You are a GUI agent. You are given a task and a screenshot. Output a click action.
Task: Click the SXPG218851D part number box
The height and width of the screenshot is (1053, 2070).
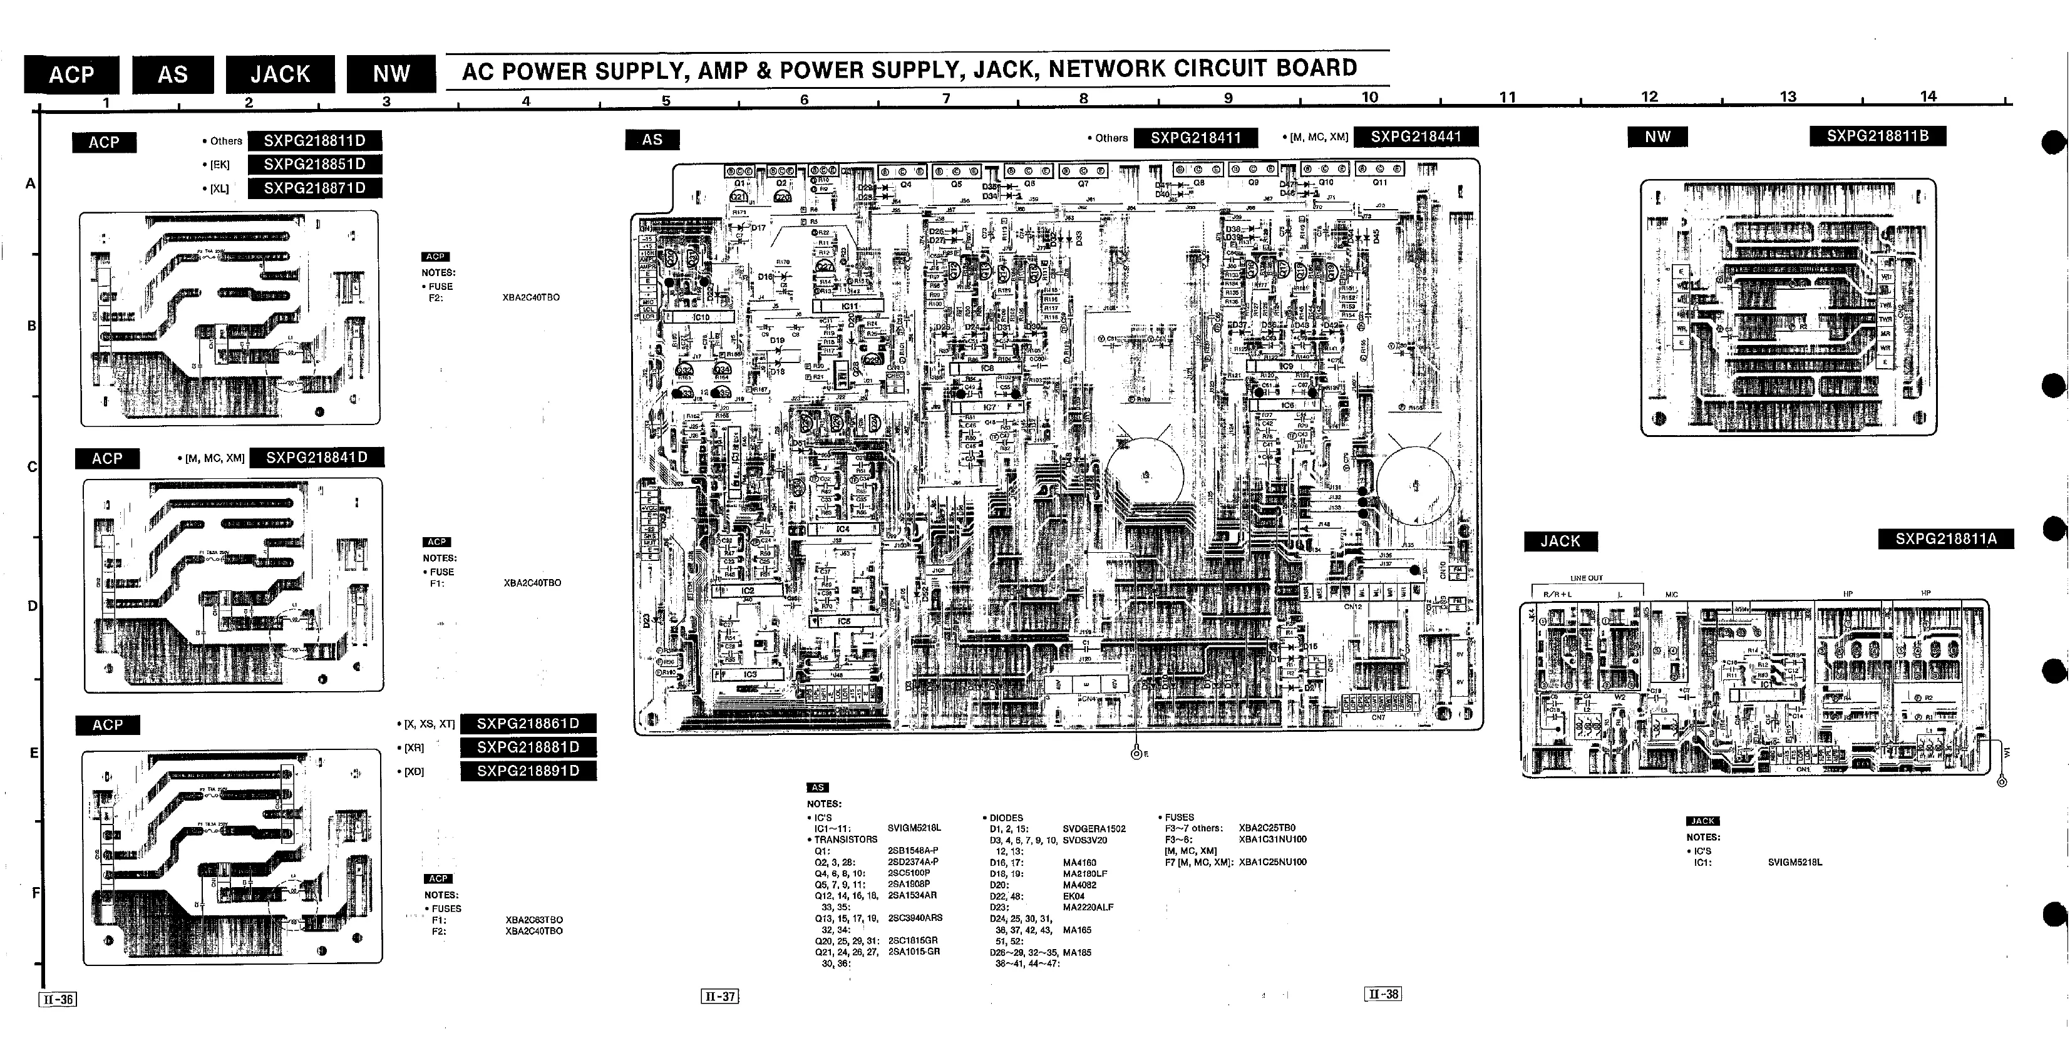tap(314, 165)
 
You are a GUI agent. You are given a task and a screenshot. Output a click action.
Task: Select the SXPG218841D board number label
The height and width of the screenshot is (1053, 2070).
tap(317, 458)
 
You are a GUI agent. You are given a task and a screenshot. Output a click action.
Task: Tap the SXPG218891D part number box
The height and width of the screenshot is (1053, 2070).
tap(528, 771)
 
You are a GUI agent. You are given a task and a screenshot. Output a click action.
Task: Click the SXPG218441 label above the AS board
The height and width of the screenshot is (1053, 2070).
tap(1415, 137)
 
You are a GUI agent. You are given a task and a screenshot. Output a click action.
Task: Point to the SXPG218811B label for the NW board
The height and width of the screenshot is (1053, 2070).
tap(1877, 136)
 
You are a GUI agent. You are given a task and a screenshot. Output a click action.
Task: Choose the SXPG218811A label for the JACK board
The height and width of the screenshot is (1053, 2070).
tap(1945, 539)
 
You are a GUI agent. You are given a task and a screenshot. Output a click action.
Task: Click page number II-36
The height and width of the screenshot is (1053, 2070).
tap(58, 1000)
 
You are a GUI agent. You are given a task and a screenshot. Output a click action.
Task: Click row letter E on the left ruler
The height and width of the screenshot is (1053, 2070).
tap(34, 753)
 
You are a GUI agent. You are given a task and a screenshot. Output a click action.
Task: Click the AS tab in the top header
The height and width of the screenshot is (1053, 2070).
tap(173, 74)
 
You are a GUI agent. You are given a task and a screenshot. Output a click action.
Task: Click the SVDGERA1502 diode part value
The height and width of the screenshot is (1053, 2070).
tap(1094, 829)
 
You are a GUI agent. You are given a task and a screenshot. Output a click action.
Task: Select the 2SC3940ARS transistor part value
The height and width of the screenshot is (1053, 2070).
tap(915, 918)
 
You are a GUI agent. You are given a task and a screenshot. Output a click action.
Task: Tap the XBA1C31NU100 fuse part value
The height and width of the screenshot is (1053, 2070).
tap(1273, 840)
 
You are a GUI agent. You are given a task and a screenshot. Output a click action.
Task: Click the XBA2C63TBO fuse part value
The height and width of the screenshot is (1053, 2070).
tap(533, 920)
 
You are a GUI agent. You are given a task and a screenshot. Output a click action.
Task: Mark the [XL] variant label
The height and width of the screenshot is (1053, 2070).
tap(219, 190)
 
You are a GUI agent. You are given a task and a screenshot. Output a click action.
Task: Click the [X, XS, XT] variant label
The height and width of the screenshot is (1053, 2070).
tap(428, 724)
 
